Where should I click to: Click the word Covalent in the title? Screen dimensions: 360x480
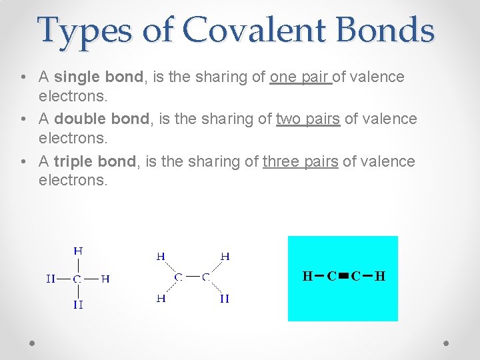click(256, 30)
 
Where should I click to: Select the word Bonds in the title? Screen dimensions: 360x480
click(386, 30)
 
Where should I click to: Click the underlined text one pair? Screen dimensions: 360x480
click(301, 77)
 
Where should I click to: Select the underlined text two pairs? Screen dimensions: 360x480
click(308, 119)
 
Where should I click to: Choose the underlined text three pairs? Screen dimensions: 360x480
click(301, 161)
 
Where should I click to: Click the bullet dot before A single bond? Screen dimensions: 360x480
click(24, 77)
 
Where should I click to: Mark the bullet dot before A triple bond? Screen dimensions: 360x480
click(24, 161)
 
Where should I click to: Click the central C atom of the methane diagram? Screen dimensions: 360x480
click(77, 279)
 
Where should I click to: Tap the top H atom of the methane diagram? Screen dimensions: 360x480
click(78, 251)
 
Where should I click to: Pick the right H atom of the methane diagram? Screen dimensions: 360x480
click(105, 279)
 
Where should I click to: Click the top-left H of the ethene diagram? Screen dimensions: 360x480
click(161, 256)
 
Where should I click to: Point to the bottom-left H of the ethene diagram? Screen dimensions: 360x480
click(161, 299)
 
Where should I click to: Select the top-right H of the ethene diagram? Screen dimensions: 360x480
click(225, 256)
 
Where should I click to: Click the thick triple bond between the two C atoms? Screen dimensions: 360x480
click(343, 276)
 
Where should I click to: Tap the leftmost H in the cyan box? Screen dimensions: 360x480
click(307, 276)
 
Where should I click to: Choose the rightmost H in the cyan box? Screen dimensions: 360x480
click(380, 276)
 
